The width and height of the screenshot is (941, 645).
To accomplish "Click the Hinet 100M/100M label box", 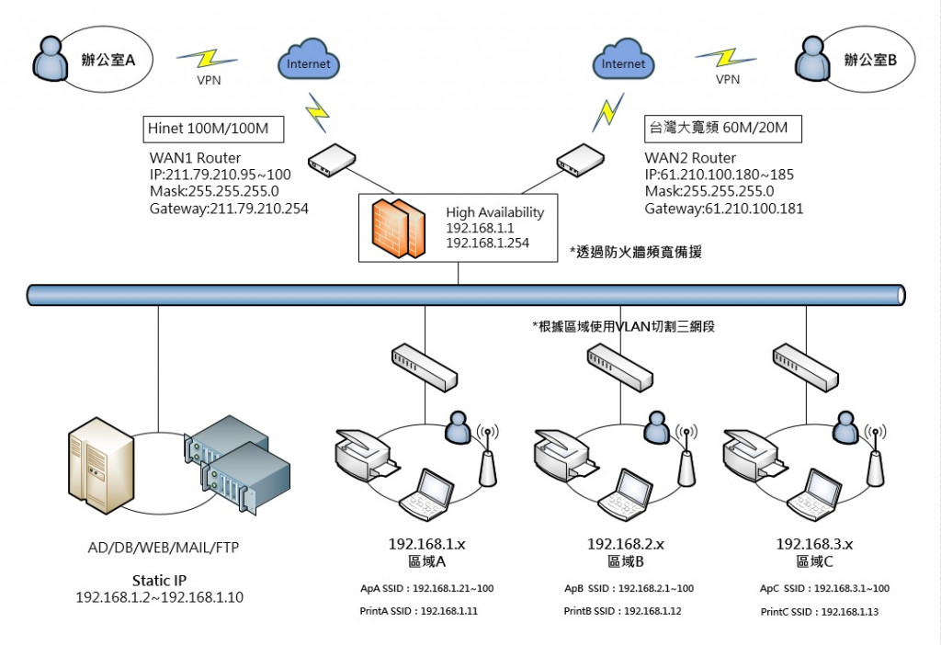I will [209, 129].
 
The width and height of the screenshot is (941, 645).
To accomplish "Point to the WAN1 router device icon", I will [332, 159].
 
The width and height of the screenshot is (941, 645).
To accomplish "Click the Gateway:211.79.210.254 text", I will [229, 209].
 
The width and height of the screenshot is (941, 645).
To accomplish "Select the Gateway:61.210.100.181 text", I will [724, 209].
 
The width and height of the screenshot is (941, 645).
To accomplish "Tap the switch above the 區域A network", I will [425, 367].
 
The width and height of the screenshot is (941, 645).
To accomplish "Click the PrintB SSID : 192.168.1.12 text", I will [622, 611].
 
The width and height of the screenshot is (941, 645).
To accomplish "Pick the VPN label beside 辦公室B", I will [728, 80].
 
